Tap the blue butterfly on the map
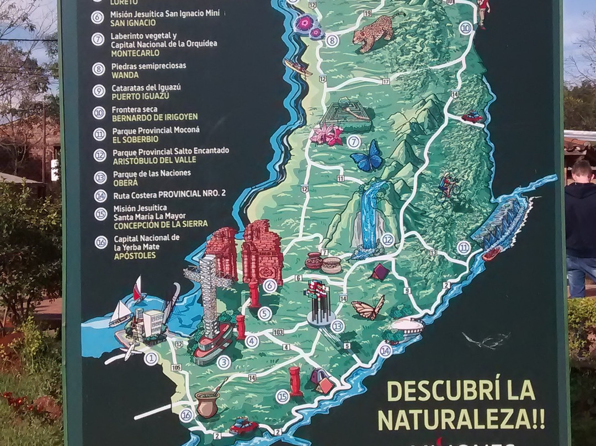point(366,156)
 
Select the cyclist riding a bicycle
point(449,187)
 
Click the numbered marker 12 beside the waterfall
point(387,240)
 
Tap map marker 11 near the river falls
point(464,248)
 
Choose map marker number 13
point(337,326)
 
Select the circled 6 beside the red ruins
point(270,285)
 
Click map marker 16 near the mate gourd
point(187,415)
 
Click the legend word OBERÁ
point(125,182)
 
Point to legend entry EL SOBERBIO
point(136,139)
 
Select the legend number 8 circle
point(99,69)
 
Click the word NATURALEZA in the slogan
point(461,418)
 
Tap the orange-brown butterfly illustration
point(368,309)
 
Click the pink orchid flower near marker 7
point(327,135)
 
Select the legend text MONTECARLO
point(135,54)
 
